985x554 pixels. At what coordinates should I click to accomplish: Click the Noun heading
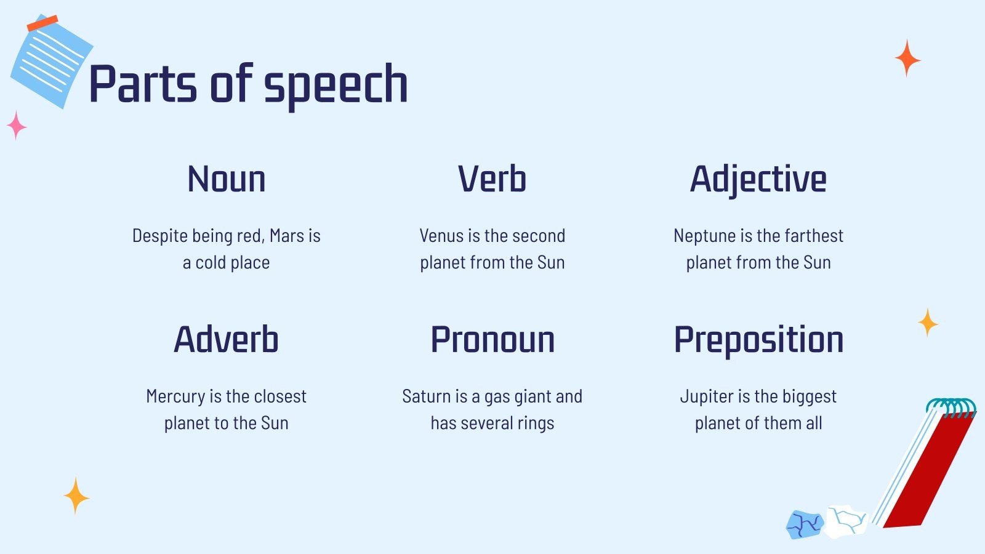[227, 179]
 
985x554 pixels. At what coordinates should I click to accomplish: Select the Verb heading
[492, 179]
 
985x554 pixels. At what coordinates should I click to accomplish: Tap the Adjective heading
[758, 180]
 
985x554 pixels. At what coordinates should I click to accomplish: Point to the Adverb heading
[227, 339]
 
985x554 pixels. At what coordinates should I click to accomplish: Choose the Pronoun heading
[492, 339]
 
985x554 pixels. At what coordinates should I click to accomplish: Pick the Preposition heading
[758, 341]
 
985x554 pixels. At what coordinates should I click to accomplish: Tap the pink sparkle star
[17, 126]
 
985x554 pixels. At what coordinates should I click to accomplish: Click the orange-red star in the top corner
[907, 58]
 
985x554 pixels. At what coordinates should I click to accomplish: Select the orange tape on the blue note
[42, 23]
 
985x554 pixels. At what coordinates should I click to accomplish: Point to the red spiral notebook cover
[928, 473]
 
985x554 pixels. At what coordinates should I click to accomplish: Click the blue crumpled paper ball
[804, 524]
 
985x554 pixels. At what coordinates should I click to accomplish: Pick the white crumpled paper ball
[846, 522]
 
